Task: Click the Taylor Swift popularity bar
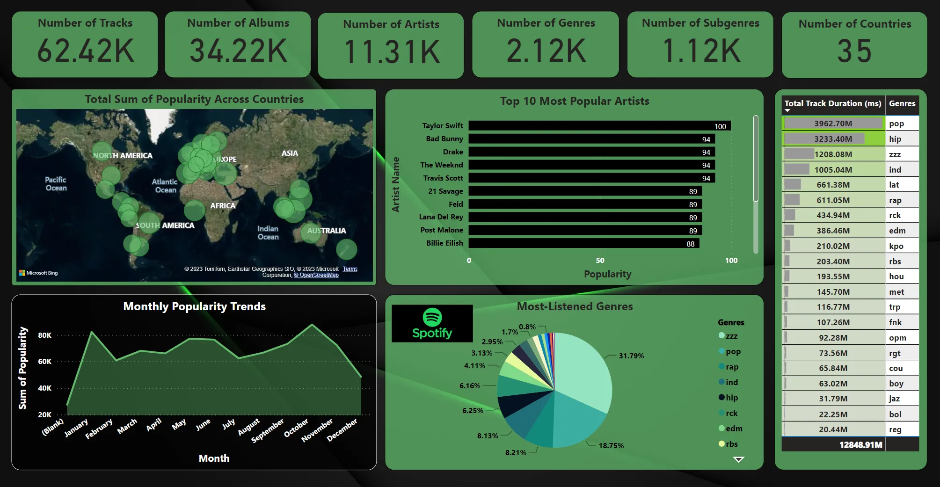[599, 126]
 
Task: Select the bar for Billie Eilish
[583, 243]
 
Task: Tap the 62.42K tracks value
[86, 51]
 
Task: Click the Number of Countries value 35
[854, 51]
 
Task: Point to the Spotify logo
[432, 323]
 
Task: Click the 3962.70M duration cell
[833, 124]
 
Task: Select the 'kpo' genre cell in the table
[896, 246]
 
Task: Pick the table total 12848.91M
[860, 444]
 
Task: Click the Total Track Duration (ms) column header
[832, 104]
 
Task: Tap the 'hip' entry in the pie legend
[731, 398]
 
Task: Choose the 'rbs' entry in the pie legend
[731, 444]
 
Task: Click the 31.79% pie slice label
[631, 356]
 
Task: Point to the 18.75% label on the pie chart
[611, 445]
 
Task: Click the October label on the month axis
[297, 428]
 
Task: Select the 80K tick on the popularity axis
[45, 335]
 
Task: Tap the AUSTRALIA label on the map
[326, 231]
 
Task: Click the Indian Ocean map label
[268, 233]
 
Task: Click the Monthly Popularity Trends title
[194, 306]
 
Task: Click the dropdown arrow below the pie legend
[738, 459]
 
